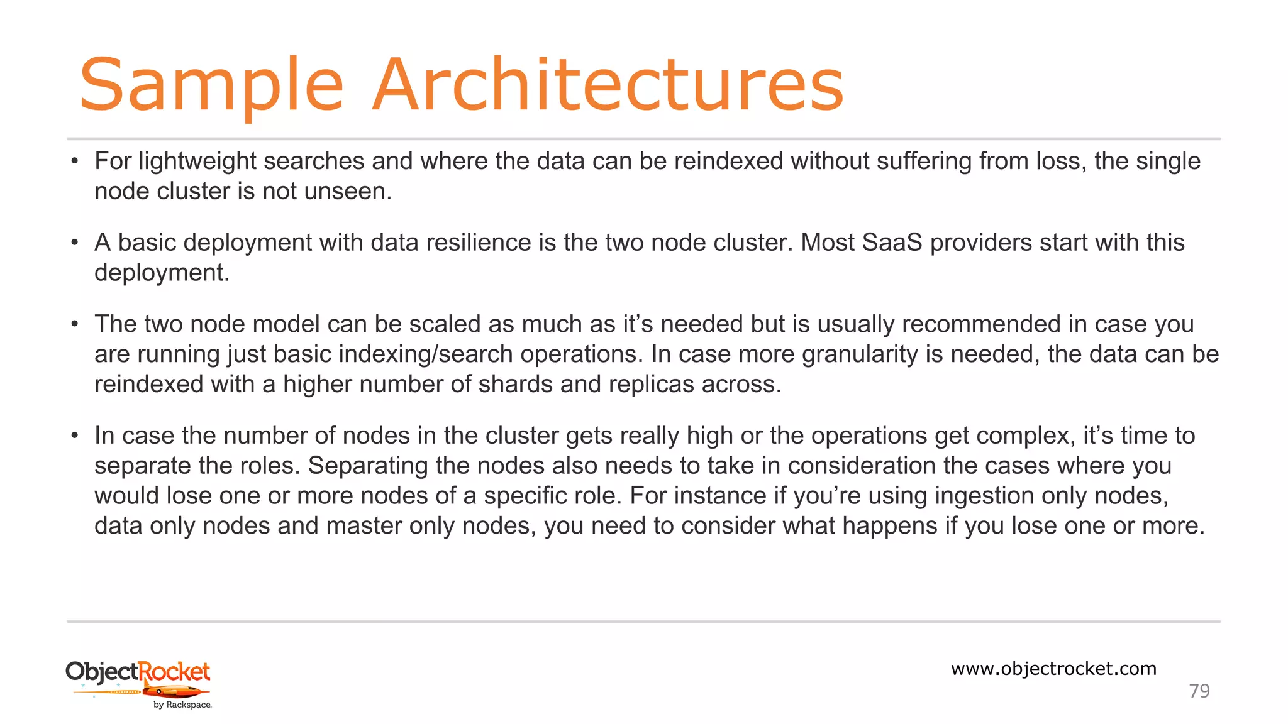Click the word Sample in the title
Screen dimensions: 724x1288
211,85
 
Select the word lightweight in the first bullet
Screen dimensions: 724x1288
197,162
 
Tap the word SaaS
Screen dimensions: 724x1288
892,243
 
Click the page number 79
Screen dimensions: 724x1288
1199,691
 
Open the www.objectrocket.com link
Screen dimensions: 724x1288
1053,669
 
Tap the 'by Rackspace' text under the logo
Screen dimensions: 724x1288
182,705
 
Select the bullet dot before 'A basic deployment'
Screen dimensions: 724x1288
75,243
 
